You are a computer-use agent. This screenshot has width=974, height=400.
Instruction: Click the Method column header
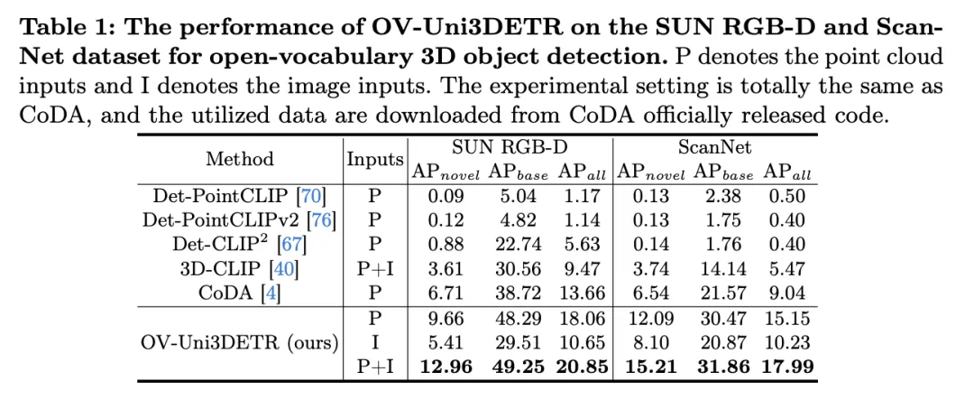(x=239, y=159)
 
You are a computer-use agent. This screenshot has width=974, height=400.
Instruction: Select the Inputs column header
(x=375, y=159)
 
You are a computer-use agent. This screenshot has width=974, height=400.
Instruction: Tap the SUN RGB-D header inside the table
(x=510, y=146)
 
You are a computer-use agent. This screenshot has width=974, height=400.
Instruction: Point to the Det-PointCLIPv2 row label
(x=234, y=219)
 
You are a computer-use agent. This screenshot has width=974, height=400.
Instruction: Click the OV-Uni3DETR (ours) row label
(x=239, y=343)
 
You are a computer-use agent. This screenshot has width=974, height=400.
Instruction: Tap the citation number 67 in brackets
(x=293, y=244)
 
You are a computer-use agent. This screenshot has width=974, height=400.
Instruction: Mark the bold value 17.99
(x=786, y=367)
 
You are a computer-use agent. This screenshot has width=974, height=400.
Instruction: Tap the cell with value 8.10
(x=649, y=343)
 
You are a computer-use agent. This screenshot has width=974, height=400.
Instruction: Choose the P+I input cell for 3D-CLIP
(x=375, y=268)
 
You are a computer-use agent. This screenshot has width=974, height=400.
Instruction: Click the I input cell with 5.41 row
(x=375, y=343)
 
